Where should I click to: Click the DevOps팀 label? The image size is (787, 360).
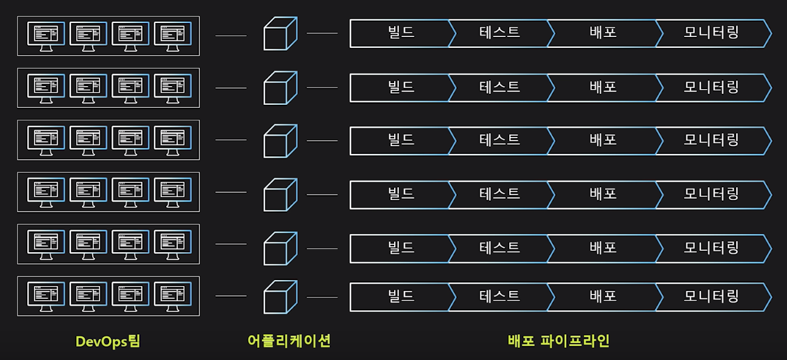[107, 341]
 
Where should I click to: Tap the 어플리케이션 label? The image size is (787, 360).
[289, 341]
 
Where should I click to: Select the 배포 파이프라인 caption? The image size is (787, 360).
[558, 341]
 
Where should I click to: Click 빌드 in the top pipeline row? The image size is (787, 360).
[401, 33]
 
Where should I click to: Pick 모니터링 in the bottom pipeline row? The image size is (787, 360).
[711, 297]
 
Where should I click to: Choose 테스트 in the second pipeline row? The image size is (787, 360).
[500, 87]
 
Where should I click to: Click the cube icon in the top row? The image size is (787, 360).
[280, 34]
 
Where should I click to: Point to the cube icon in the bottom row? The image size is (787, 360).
[280, 297]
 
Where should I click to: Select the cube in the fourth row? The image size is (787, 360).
[280, 195]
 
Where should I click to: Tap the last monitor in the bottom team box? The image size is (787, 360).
[173, 296]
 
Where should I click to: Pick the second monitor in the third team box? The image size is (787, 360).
[89, 139]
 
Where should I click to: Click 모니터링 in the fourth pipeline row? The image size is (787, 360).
[711, 194]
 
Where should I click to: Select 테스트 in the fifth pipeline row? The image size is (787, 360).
[500, 247]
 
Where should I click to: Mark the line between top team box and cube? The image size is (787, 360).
[231, 36]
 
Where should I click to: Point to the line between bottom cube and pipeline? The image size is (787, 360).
[322, 297]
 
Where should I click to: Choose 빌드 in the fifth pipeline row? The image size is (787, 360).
[401, 247]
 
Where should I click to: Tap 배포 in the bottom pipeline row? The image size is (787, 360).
[603, 297]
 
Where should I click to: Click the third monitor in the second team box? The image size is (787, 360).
[130, 87]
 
